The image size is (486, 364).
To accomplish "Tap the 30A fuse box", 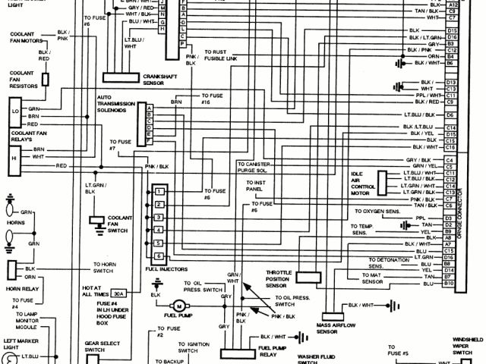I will click(119, 293).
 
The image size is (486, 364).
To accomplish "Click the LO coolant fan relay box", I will click(14, 111).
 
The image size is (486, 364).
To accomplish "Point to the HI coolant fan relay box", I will click(14, 156).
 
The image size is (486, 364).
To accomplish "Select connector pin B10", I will click(450, 283).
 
